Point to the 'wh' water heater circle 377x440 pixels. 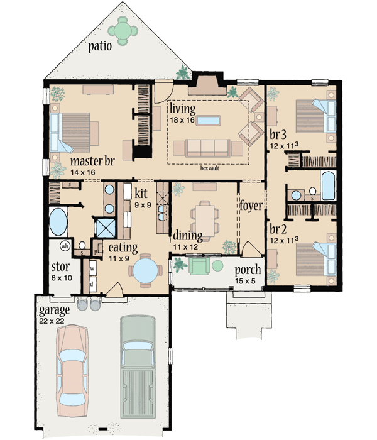coord(65,246)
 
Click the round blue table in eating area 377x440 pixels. coord(145,273)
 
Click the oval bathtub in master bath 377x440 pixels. coord(58,223)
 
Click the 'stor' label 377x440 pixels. coord(60,266)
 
